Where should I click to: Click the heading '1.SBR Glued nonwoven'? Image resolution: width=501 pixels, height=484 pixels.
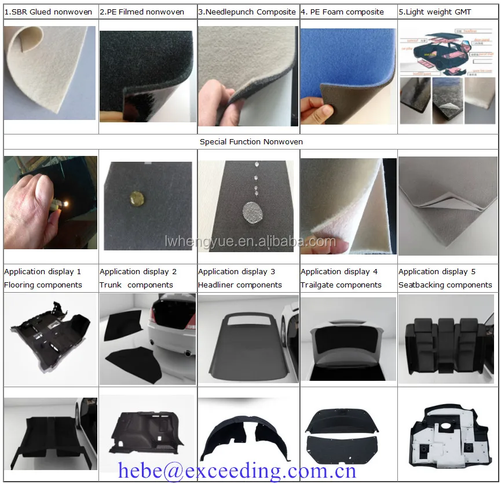[x=48, y=12]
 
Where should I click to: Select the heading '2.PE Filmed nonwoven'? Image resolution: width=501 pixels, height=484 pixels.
[x=142, y=12]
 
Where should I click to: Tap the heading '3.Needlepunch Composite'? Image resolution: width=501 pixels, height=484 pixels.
[x=247, y=12]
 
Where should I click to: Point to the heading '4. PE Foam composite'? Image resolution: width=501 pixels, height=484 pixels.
[x=342, y=12]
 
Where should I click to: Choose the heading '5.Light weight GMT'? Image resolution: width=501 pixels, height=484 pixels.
[x=435, y=12]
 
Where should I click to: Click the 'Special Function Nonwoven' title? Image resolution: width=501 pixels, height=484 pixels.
[x=251, y=141]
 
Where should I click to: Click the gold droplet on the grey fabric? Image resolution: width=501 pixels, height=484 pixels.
[x=139, y=197]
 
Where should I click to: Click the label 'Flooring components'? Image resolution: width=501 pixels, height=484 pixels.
[x=43, y=285]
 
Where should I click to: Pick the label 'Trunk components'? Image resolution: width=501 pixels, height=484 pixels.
[x=136, y=285]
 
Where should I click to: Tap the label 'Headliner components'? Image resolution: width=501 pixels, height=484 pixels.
[x=240, y=285]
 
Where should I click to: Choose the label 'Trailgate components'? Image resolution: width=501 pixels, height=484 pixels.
[x=342, y=285]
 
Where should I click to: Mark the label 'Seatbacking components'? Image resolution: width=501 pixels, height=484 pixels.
[x=445, y=285]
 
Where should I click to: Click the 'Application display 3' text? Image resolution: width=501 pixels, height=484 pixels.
[x=237, y=271]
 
